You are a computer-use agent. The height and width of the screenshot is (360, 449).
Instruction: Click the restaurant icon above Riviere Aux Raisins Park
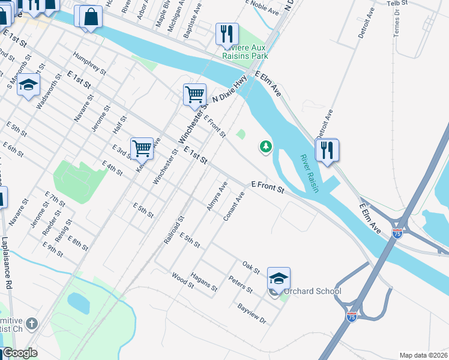(x=227, y=34)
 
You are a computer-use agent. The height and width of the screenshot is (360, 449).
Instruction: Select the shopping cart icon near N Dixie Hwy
(x=194, y=94)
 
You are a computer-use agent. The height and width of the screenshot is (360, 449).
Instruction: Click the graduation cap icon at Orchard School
(x=279, y=278)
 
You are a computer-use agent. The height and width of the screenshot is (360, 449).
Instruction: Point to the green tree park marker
(x=265, y=146)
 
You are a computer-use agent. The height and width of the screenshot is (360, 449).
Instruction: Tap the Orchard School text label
(x=312, y=292)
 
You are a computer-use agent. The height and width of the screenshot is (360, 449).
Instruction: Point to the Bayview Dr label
(x=252, y=313)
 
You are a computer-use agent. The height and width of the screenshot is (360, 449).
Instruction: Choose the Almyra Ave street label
(x=217, y=192)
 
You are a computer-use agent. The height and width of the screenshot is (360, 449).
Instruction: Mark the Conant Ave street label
(x=234, y=206)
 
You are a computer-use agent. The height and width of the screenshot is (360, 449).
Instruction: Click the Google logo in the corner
(x=20, y=353)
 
